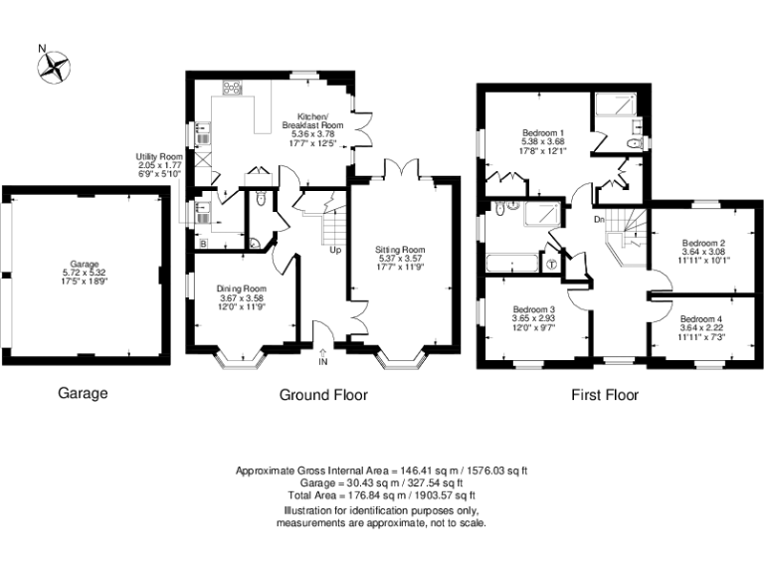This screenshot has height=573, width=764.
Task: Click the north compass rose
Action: pos(55,66)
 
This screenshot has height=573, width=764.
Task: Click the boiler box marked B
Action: pos(203,242)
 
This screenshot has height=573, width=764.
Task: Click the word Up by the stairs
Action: pos(335,250)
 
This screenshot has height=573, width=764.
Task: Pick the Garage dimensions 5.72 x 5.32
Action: pos(83,273)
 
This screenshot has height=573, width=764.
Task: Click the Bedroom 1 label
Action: pos(543,132)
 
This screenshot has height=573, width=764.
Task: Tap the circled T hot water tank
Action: pos(552,264)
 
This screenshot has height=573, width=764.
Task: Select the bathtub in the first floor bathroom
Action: pos(510,265)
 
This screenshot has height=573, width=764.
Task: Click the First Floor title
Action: pos(604,395)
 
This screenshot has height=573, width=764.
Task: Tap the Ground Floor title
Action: pos(322,395)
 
